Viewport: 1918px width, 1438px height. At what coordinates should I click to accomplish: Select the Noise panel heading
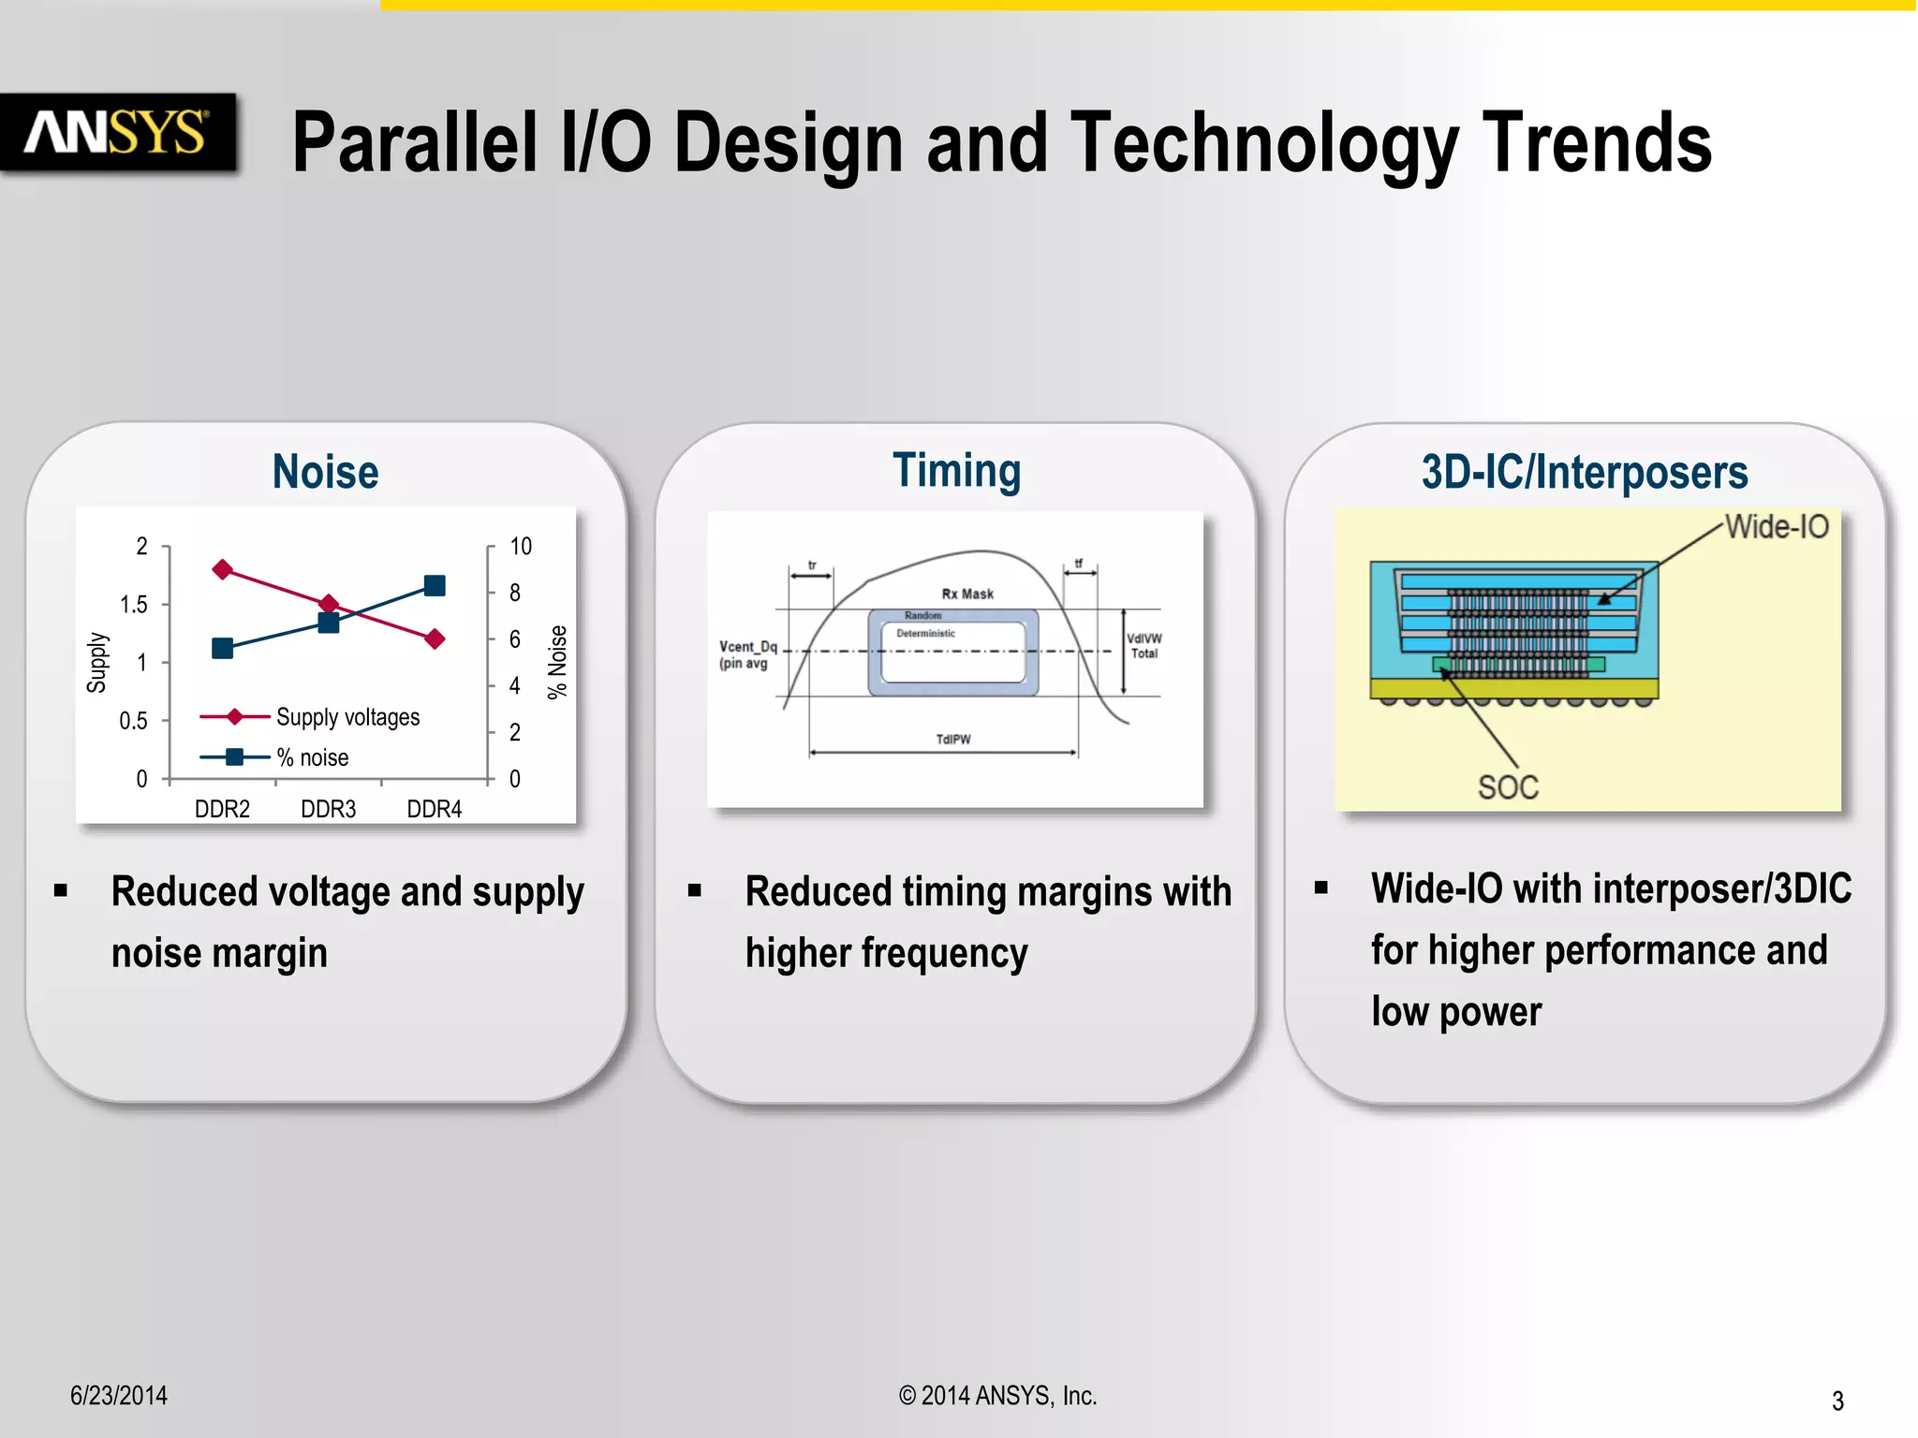tap(325, 471)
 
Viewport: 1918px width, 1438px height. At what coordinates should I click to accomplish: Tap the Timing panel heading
tap(956, 471)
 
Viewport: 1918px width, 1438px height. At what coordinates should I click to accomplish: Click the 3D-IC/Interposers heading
tap(1584, 472)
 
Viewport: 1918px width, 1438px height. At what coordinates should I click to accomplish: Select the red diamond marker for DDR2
tap(223, 569)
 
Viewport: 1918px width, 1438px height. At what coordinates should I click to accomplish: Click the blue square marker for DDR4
tap(435, 586)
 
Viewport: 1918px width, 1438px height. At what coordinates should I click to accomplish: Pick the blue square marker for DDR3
tap(329, 623)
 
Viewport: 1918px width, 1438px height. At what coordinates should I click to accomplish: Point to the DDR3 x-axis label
tap(328, 809)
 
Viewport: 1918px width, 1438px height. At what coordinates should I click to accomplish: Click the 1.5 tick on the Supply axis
tap(134, 605)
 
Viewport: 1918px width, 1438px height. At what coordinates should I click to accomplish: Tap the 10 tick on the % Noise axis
tap(520, 547)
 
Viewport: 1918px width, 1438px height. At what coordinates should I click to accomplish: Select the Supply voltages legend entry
tap(347, 717)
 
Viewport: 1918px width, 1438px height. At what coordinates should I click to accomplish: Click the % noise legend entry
tap(312, 757)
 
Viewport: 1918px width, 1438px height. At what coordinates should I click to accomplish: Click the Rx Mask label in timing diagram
tap(967, 594)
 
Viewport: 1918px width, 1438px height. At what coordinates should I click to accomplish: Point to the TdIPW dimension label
tap(953, 740)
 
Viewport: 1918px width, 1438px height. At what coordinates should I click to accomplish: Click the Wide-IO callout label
tap(1777, 527)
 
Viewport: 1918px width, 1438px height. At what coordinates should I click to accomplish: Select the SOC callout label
tap(1508, 787)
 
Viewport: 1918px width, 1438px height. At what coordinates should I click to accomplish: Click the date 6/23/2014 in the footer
tap(119, 1396)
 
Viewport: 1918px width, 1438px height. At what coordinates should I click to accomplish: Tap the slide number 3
tap(1837, 1401)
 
